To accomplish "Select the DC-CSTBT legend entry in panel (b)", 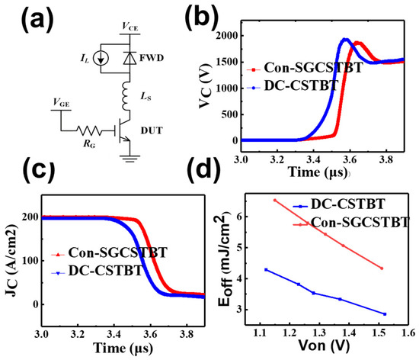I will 293,85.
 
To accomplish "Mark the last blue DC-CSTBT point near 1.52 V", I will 385,314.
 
